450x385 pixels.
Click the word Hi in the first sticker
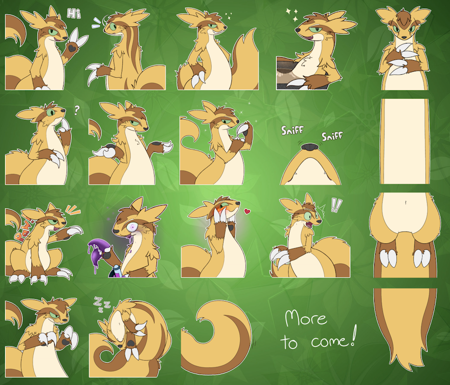point(74,14)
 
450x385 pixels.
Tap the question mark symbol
point(77,110)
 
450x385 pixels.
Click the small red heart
point(247,212)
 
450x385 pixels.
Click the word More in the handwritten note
point(306,318)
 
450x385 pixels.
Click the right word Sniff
point(332,136)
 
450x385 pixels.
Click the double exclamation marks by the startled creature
point(335,205)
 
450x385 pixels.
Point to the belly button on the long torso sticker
point(405,202)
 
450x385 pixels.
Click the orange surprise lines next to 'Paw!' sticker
point(73,210)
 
